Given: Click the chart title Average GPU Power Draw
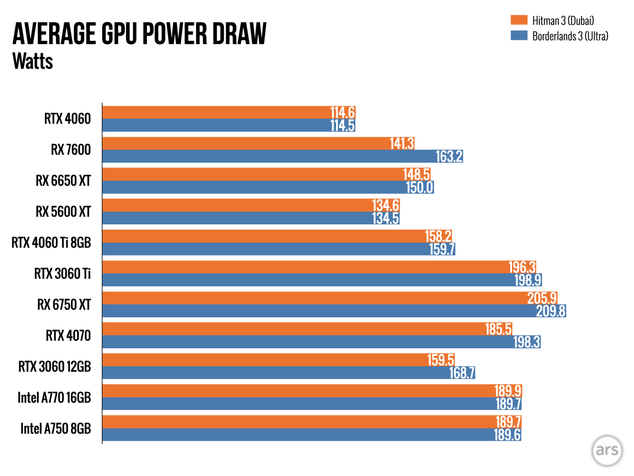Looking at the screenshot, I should tap(139, 33).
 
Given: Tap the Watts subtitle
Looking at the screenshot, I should tap(33, 61).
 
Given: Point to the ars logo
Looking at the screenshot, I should tap(607, 450).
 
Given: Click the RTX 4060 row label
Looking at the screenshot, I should tap(67, 119).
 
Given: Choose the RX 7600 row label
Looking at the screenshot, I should tap(70, 150).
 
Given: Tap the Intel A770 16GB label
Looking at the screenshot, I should tap(54, 398).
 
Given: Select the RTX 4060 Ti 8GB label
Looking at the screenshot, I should tap(51, 243).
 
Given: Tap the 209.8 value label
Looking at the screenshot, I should tap(550, 311).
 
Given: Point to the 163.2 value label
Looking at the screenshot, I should tap(449, 156).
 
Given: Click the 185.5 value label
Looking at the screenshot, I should tap(498, 329).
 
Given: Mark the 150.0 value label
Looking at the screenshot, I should tap(420, 187).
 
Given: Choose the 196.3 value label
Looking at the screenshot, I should tap(522, 267).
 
